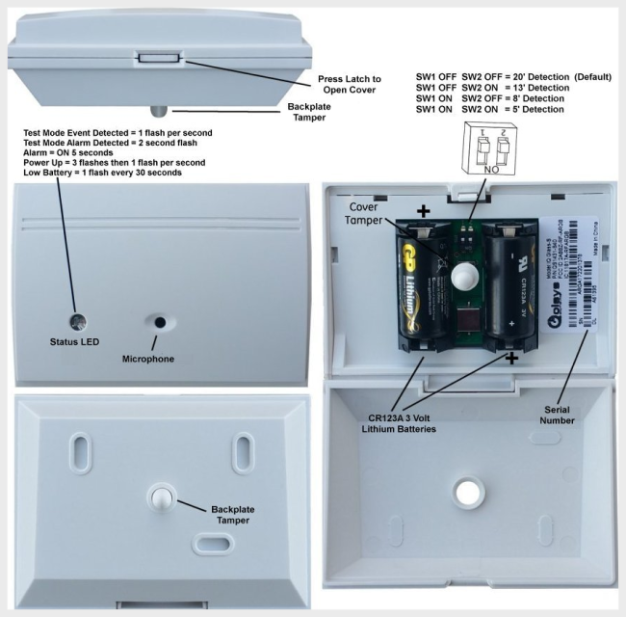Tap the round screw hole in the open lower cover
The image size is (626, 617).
469,491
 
